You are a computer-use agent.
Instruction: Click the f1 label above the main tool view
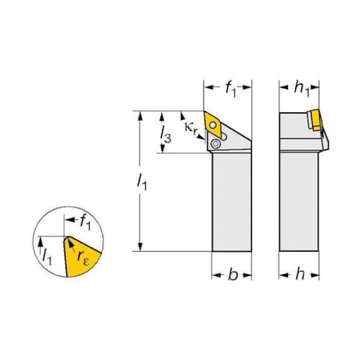[x=230, y=89]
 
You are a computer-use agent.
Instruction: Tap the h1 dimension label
[x=302, y=89]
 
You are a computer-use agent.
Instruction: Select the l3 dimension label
[x=166, y=135]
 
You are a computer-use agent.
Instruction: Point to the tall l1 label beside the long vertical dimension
[x=142, y=182]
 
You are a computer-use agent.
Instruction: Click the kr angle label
[x=192, y=128]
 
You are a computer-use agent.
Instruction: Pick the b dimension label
[x=233, y=274]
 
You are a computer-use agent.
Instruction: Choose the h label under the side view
[x=300, y=274]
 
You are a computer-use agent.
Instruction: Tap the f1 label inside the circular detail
[x=85, y=222]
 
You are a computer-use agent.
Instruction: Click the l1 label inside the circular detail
[x=47, y=257]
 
